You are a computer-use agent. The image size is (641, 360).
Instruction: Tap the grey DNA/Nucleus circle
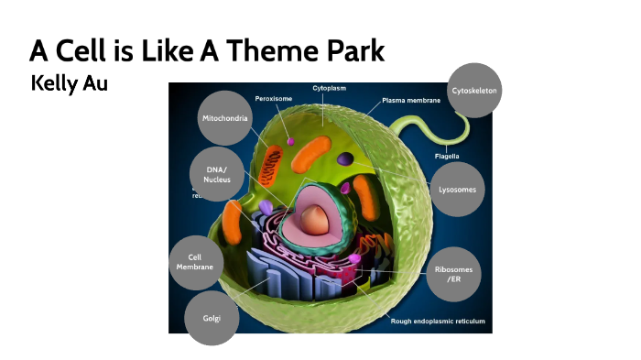click(x=217, y=174)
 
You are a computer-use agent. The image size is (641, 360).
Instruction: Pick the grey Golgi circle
click(x=212, y=318)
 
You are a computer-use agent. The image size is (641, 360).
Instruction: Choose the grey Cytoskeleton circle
click(x=475, y=90)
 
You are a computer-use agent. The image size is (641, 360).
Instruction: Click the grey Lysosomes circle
click(x=457, y=189)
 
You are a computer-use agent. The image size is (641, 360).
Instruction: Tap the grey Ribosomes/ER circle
click(x=453, y=273)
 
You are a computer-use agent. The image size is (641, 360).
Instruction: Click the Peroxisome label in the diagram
click(x=273, y=98)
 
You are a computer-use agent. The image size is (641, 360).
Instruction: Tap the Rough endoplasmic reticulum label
click(x=438, y=322)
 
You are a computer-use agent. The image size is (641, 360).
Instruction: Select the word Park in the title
click(x=353, y=50)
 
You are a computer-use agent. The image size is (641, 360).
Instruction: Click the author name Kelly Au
click(x=70, y=84)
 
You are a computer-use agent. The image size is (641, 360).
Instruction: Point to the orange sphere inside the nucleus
click(x=315, y=217)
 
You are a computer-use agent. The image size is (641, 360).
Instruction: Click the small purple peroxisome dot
click(x=291, y=142)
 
